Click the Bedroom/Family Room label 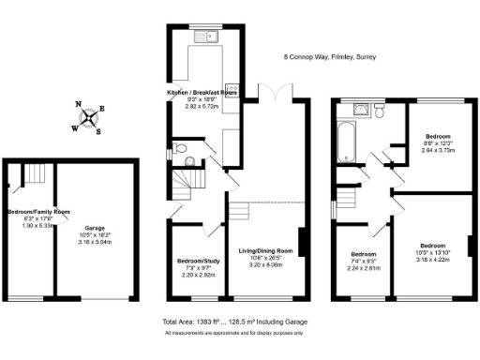tap(37, 212)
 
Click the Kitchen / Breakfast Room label tap(202, 94)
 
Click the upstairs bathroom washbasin tap(361, 110)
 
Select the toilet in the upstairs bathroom tap(380, 111)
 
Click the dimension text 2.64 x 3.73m tap(435, 150)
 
